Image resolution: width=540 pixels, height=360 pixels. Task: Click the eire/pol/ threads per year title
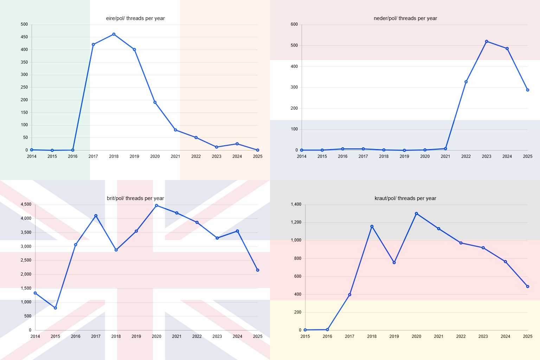tap(135, 18)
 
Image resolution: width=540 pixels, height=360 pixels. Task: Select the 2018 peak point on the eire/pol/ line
tap(114, 34)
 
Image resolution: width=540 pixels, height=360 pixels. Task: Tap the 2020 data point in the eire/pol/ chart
tap(155, 102)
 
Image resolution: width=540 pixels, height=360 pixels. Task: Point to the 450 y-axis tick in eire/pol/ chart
tap(24, 37)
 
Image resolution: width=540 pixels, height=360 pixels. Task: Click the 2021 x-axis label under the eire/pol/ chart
tap(175, 156)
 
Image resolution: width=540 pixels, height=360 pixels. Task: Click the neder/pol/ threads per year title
tap(405, 18)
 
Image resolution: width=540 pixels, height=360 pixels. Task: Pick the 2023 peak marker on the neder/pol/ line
tap(487, 41)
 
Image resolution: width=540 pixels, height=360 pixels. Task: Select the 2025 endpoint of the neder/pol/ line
tap(528, 90)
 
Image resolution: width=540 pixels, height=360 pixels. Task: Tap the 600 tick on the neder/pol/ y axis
tap(294, 24)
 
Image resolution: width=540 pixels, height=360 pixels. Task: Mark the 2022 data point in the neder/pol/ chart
tap(466, 82)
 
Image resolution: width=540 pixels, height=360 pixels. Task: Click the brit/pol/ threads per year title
tap(135, 198)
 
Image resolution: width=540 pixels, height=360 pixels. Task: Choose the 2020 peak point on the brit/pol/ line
tap(156, 205)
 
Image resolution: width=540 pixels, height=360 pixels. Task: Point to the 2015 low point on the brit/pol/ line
tap(55, 308)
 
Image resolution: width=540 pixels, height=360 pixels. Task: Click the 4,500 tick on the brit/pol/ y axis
tap(26, 204)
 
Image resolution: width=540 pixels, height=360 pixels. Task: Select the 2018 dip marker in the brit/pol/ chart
tap(116, 250)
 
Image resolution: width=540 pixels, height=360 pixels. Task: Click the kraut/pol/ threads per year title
tap(405, 198)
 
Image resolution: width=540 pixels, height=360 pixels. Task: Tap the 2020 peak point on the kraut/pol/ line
tap(416, 213)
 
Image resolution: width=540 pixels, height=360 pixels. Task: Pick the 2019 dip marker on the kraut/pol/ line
tap(394, 263)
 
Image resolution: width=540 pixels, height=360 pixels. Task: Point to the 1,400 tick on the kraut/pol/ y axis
tap(296, 204)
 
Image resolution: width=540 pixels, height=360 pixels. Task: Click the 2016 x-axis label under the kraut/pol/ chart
tap(327, 336)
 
